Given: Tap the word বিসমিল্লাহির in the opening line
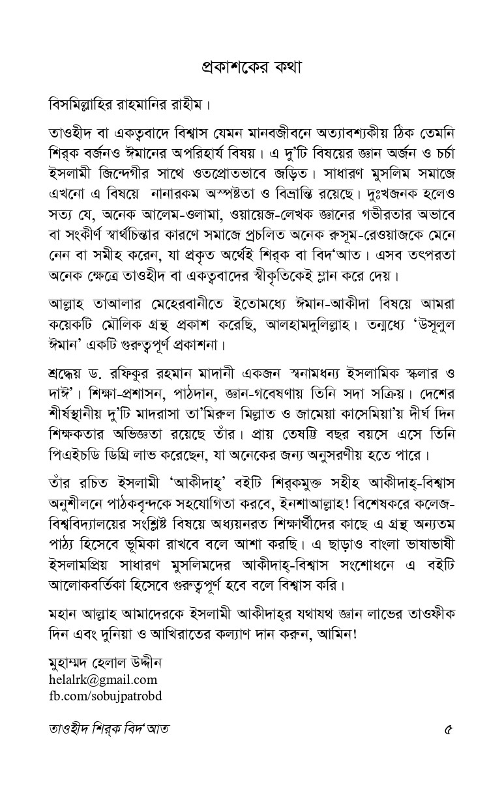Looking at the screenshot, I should [x=82, y=104].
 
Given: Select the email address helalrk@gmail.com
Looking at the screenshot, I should [x=103, y=680].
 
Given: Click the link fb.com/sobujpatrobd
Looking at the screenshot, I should [x=106, y=696].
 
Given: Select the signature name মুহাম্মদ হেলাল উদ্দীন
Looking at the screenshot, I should [x=106, y=664].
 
